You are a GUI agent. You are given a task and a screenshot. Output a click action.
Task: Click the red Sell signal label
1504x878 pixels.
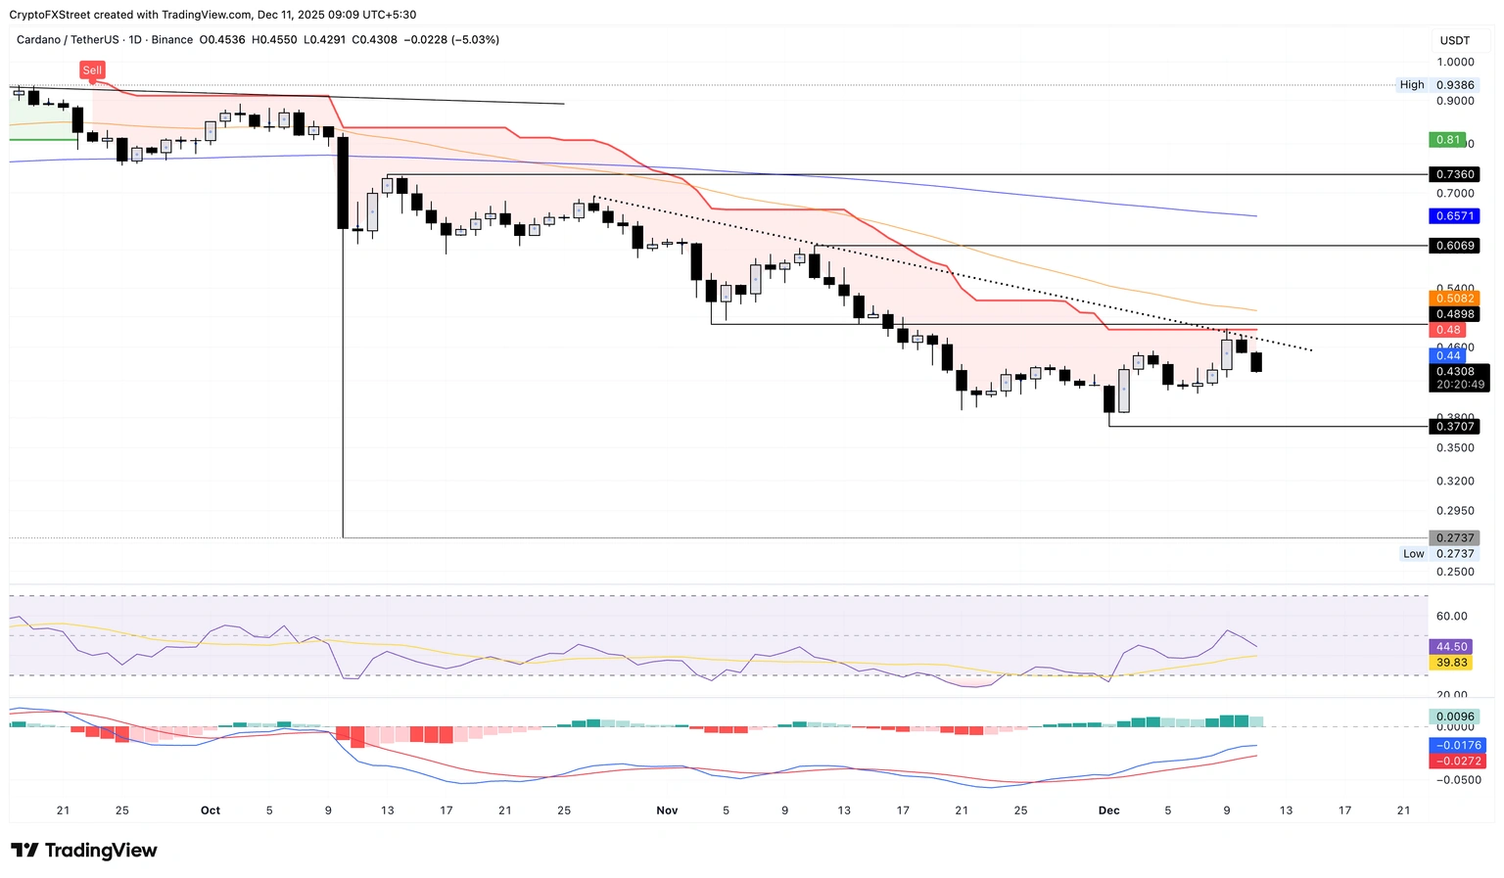92,70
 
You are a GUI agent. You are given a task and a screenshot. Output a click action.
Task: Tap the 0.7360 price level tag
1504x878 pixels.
1454,174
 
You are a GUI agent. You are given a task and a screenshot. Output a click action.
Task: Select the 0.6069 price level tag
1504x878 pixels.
1454,246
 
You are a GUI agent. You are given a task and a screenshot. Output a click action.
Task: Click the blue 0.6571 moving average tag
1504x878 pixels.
1454,215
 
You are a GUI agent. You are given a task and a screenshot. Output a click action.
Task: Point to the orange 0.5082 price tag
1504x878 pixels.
1454,299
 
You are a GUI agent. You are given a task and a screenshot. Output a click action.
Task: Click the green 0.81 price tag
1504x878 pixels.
1447,140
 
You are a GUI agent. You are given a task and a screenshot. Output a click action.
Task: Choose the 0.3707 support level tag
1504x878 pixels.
1454,427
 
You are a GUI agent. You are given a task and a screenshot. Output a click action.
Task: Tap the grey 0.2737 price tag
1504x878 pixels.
1454,538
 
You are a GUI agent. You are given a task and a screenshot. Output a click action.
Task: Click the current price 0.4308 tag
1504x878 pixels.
1454,372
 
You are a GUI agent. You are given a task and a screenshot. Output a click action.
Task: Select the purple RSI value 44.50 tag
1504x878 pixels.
1451,647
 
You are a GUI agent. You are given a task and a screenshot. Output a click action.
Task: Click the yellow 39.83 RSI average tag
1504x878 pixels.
1451,663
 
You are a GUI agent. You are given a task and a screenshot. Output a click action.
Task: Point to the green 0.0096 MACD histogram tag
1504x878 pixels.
1454,716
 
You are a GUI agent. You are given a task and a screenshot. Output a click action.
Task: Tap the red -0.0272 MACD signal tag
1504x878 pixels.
1457,761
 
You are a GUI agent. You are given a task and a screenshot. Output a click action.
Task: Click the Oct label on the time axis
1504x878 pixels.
210,810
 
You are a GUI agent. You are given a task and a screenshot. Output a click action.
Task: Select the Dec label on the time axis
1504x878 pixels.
1108,810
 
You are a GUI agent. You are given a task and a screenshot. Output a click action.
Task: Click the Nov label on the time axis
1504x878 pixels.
667,810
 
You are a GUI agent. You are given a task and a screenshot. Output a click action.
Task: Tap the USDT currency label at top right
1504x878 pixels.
1454,40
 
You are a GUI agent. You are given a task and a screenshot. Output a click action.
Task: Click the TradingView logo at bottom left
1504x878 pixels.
84,851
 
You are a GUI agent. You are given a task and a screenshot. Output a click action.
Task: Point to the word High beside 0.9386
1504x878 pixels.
1412,85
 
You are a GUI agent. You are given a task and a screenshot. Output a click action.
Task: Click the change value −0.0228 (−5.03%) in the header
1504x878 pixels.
458,40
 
